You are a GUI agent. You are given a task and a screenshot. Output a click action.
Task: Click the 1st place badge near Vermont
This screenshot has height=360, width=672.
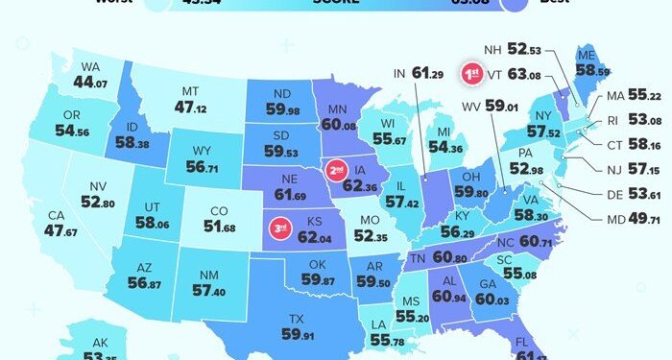(471, 73)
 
